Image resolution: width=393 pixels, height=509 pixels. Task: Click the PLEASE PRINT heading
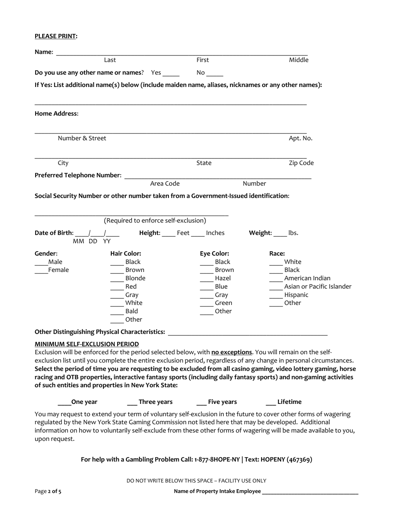[x=56, y=36]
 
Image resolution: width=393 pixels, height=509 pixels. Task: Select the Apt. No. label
[x=300, y=138]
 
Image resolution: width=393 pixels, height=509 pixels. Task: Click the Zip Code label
[x=301, y=163]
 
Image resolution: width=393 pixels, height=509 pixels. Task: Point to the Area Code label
[x=165, y=184]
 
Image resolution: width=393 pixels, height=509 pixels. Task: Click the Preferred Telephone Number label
[x=78, y=175]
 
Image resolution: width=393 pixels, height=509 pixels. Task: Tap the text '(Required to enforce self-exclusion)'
[x=155, y=221]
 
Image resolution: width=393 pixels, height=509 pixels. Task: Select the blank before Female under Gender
[x=41, y=271]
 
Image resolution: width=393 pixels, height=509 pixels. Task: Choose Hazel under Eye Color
[x=206, y=279]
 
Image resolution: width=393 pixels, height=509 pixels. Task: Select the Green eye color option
[x=206, y=303]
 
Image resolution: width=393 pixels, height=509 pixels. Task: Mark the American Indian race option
[x=276, y=279]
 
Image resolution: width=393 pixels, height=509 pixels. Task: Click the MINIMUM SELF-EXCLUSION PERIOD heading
[x=87, y=344]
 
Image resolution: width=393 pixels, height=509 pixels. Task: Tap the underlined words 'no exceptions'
[x=232, y=353]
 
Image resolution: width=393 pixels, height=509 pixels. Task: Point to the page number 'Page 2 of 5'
[x=48, y=492]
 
